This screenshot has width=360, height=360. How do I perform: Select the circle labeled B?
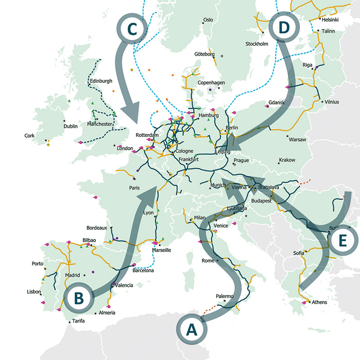79,297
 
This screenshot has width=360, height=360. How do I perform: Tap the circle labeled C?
132,29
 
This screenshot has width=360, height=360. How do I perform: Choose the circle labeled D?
284,28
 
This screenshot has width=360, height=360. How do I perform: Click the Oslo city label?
208,20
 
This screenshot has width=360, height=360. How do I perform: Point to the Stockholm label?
256,44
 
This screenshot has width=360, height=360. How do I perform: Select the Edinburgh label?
100,81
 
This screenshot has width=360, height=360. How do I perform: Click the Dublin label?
71,126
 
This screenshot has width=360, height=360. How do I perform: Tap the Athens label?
319,302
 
